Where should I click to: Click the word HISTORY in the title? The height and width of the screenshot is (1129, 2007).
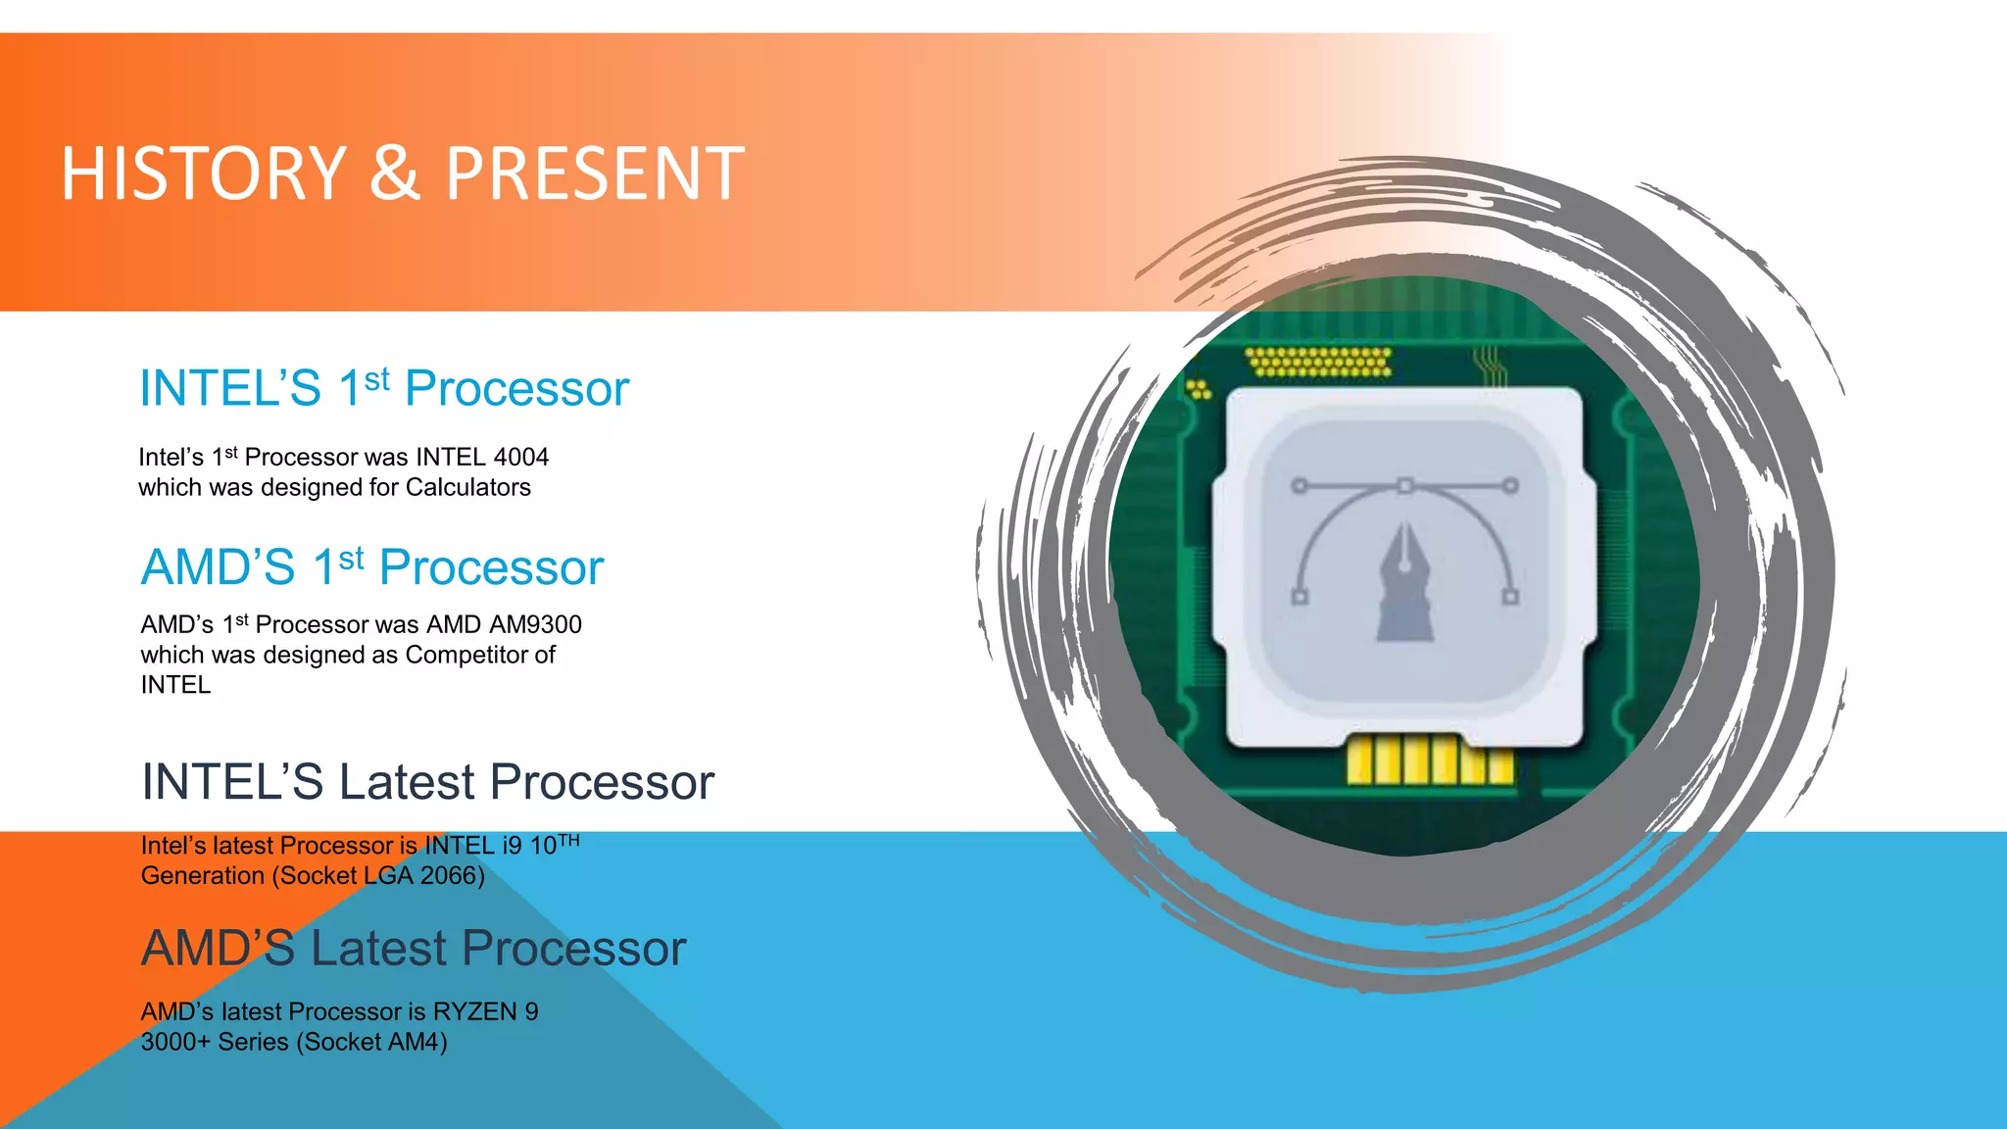click(x=204, y=173)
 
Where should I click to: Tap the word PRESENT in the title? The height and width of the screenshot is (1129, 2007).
click(x=595, y=173)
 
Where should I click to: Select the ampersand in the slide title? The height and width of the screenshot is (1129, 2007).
click(x=394, y=173)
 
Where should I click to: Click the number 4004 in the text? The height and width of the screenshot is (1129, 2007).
click(x=520, y=457)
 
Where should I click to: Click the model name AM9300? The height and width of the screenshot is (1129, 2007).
click(x=535, y=624)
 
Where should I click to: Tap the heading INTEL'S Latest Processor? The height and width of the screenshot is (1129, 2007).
click(x=427, y=782)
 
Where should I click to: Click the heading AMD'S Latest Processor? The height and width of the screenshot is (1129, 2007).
click(x=413, y=949)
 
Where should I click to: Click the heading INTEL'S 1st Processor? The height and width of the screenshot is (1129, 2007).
click(x=383, y=388)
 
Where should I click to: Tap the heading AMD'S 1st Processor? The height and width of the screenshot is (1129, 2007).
click(x=371, y=567)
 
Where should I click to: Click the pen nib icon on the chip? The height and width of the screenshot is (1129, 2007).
click(x=1404, y=584)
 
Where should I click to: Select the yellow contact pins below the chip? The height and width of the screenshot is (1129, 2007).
click(x=1429, y=761)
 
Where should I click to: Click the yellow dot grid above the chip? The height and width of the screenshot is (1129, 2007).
click(x=1319, y=362)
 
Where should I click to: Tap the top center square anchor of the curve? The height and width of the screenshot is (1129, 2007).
click(x=1404, y=485)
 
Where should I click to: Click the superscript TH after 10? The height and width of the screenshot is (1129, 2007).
click(x=568, y=840)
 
